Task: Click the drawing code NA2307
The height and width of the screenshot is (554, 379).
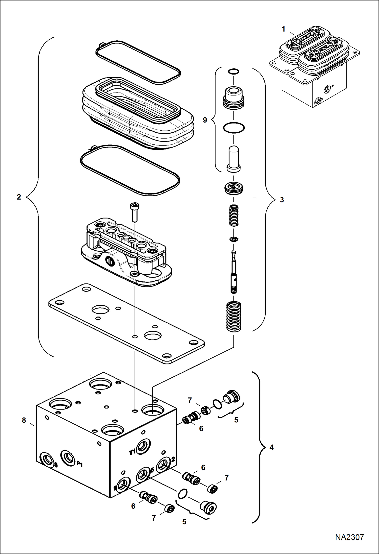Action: (349, 537)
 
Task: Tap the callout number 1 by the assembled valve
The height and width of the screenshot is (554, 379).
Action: (283, 29)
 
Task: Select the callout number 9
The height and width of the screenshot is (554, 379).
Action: (205, 120)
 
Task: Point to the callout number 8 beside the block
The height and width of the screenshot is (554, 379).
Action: (24, 420)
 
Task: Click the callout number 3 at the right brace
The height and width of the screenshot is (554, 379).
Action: (282, 200)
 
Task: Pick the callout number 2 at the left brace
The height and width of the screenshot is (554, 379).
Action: (19, 197)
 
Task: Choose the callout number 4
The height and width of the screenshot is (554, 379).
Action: (271, 448)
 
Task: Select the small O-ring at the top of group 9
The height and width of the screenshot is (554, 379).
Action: (233, 71)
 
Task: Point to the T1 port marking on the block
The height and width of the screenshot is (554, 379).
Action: (132, 452)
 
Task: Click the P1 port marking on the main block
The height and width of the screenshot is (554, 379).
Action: (80, 464)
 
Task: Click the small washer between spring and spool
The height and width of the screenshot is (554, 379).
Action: (234, 239)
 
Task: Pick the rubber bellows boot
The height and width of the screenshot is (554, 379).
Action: (138, 114)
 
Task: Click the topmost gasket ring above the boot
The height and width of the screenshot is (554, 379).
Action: (138, 62)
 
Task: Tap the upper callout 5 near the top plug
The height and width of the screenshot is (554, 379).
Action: (236, 420)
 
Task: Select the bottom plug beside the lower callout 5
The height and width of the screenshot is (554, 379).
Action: (208, 508)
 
